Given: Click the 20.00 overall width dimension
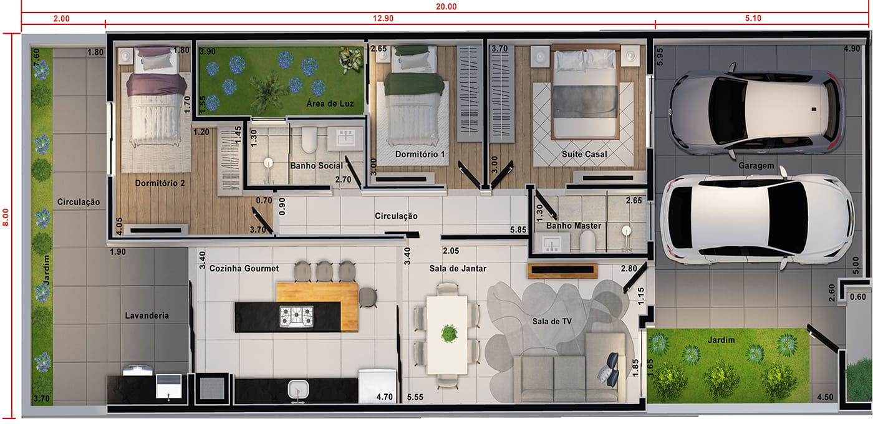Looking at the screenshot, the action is (446, 7).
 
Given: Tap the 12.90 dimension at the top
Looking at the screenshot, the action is (383, 18).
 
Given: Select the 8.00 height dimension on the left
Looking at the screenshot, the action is (6, 217).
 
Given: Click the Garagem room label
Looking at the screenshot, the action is (756, 166).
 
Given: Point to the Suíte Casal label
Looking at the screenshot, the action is (584, 155).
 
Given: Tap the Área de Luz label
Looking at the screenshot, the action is (330, 104).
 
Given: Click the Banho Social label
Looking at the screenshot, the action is (317, 166).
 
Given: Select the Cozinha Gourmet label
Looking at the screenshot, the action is (244, 269).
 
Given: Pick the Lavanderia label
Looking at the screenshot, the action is (147, 316).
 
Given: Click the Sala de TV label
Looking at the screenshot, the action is (552, 322).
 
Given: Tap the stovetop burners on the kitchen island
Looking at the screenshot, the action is (296, 317).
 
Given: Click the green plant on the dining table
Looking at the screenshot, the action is (449, 334).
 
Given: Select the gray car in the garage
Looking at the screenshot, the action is (755, 111).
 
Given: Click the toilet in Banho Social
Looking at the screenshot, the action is (309, 139).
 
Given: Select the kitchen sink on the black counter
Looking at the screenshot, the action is (298, 390).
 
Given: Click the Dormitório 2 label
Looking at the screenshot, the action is (160, 183).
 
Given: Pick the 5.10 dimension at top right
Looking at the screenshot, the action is (753, 18).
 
